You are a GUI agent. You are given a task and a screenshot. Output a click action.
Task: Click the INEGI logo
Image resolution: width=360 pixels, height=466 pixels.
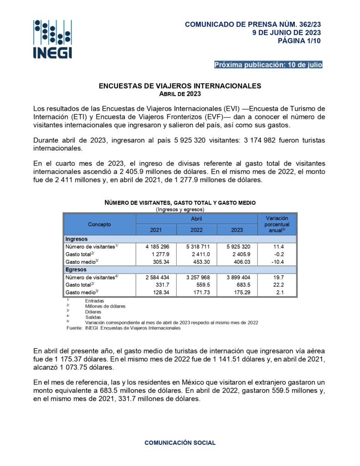tap(52, 39)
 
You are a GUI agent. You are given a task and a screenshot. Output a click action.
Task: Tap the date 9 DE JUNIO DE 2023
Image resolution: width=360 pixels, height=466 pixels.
tap(287, 32)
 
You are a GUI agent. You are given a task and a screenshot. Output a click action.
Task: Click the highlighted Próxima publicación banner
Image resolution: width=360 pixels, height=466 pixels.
tap(268, 65)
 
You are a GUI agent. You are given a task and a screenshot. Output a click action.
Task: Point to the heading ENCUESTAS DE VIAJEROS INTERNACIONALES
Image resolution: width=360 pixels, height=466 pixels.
tap(180, 86)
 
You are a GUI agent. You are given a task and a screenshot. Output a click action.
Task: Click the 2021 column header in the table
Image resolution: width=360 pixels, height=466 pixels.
tap(156, 230)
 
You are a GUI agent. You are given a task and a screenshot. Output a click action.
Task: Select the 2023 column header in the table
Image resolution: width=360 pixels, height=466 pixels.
tap(237, 230)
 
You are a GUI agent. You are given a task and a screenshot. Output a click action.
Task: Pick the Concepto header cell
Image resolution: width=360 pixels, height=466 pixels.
tap(99, 224)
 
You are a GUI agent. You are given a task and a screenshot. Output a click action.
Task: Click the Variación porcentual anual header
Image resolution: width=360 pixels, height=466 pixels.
tap(277, 224)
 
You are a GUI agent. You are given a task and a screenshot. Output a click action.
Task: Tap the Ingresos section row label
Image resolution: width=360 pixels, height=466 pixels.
tap(76, 239)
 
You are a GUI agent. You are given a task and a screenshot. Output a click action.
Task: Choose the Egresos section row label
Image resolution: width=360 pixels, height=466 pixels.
tap(76, 269)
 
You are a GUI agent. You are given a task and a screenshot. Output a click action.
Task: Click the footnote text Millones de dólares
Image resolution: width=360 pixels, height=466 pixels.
tap(105, 306)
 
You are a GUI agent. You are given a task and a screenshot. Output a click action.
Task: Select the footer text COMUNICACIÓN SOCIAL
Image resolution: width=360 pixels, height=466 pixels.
tap(180, 443)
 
